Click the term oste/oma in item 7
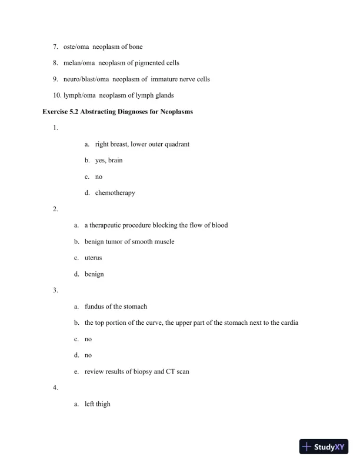(76, 46)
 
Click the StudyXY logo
(321, 447)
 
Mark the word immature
(162, 79)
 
